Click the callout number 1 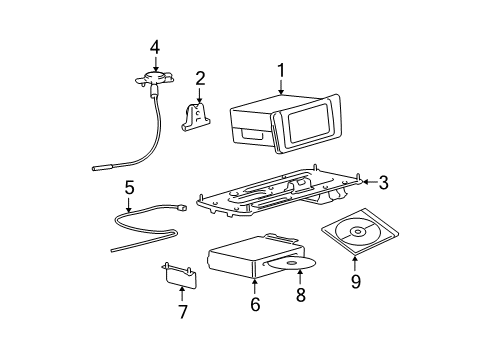(x=281, y=70)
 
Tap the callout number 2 (x=200, y=77)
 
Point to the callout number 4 (x=154, y=46)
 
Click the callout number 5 (x=129, y=186)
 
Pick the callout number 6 (x=255, y=304)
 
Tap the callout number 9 (x=355, y=283)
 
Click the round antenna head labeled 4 (x=154, y=76)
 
